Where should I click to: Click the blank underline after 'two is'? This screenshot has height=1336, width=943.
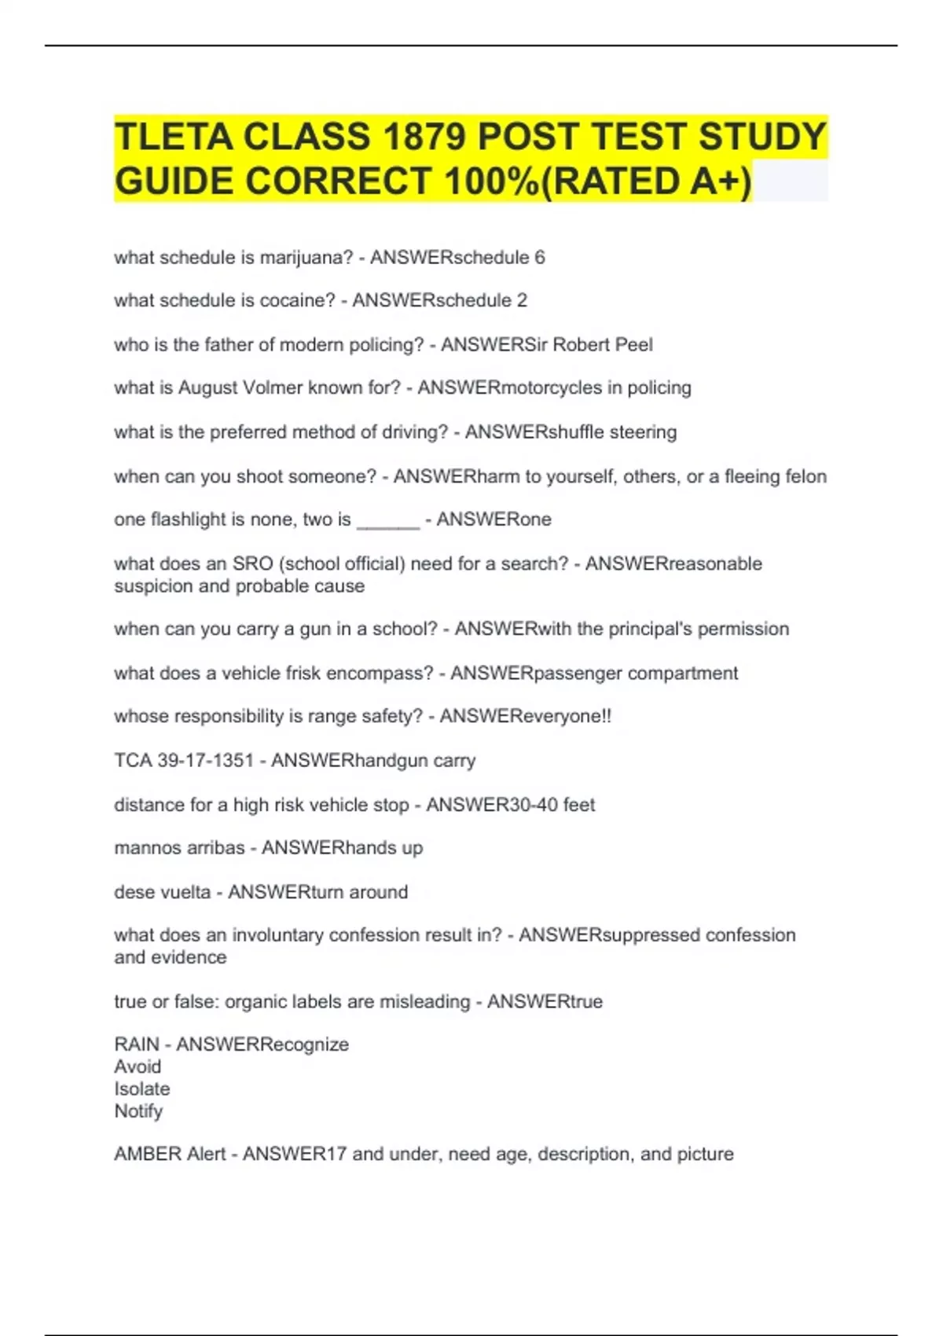388,520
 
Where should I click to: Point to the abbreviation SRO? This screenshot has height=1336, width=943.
252,563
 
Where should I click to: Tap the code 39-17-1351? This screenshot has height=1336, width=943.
205,761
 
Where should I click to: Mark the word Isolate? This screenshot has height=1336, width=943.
142,1089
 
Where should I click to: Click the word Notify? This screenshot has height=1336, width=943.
138,1111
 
